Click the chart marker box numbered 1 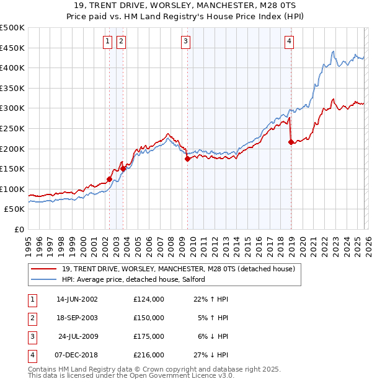point(108,41)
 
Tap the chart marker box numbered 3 point(186,41)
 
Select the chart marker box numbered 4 point(290,41)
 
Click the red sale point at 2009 point(187,159)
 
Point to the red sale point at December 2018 point(291,142)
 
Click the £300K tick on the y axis point(12,108)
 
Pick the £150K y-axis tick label point(12,168)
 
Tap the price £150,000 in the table point(149,317)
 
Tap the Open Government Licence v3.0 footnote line point(131,375)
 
